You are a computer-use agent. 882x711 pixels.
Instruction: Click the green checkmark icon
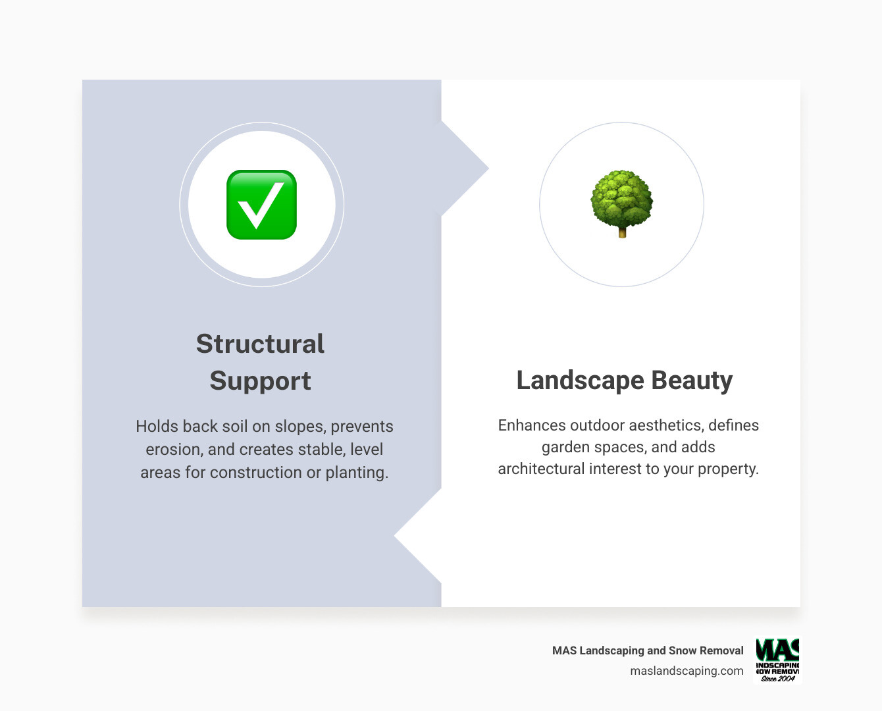click(261, 205)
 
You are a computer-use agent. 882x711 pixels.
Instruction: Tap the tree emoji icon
click(621, 202)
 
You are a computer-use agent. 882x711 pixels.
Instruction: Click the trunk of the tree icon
click(622, 232)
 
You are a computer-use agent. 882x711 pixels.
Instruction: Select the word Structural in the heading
click(260, 344)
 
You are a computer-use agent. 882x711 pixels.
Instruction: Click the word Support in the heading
click(260, 381)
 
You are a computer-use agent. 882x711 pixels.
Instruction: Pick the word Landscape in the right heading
click(579, 381)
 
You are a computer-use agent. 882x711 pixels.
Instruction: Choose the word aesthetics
click(665, 425)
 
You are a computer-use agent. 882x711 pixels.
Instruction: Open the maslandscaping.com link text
click(687, 671)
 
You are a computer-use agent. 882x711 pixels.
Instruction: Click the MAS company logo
click(777, 660)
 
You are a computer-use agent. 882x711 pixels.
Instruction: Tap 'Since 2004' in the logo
click(777, 679)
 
